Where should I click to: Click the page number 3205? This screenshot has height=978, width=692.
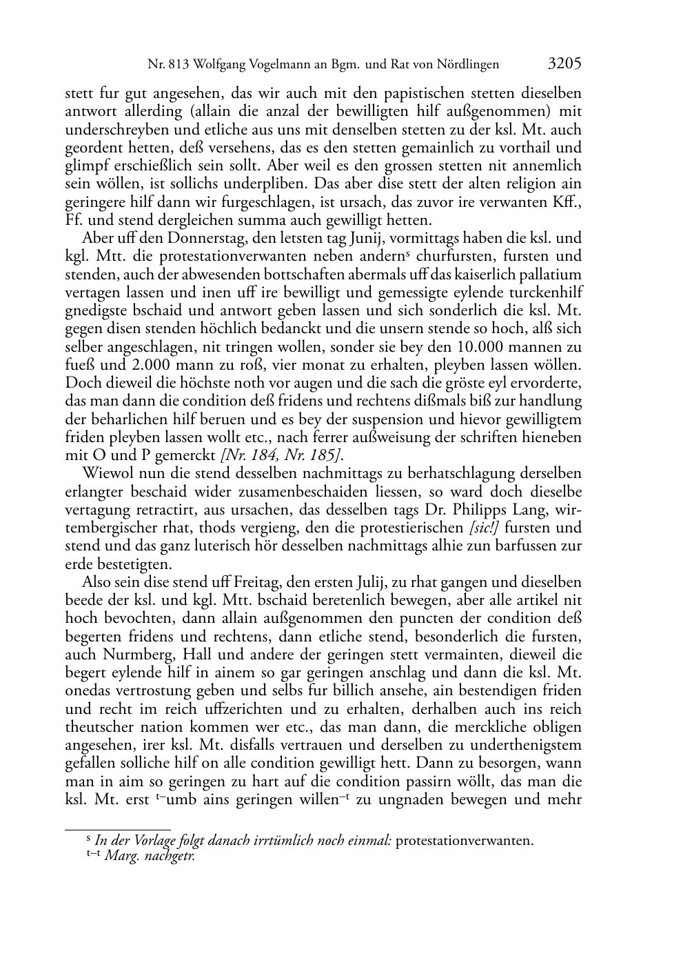[x=564, y=63]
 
